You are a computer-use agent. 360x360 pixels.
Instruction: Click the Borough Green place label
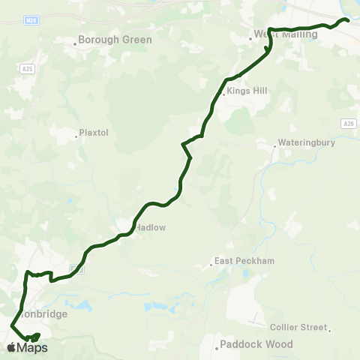(115, 40)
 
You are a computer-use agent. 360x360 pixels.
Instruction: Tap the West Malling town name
(287, 34)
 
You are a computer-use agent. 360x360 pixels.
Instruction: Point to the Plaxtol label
(95, 133)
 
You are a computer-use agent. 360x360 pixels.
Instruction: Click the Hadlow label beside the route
(150, 226)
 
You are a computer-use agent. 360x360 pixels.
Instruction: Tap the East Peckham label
(244, 261)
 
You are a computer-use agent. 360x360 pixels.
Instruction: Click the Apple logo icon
(11, 347)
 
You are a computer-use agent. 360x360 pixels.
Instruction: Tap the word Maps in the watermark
(32, 348)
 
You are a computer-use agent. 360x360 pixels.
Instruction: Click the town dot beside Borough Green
(76, 43)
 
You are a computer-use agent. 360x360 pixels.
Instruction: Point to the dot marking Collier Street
(329, 328)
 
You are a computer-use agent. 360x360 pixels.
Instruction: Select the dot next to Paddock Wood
(216, 346)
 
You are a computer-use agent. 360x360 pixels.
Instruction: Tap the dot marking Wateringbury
(274, 145)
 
